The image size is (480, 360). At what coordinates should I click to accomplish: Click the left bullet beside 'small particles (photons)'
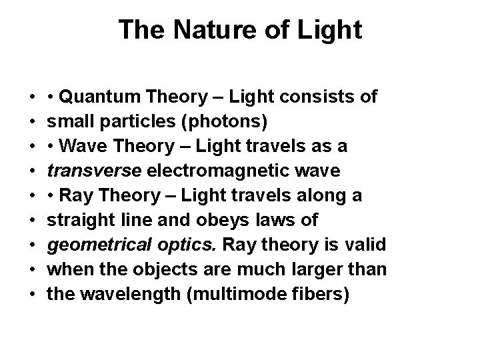(33, 123)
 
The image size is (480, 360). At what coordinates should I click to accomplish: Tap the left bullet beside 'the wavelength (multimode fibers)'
(33, 294)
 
